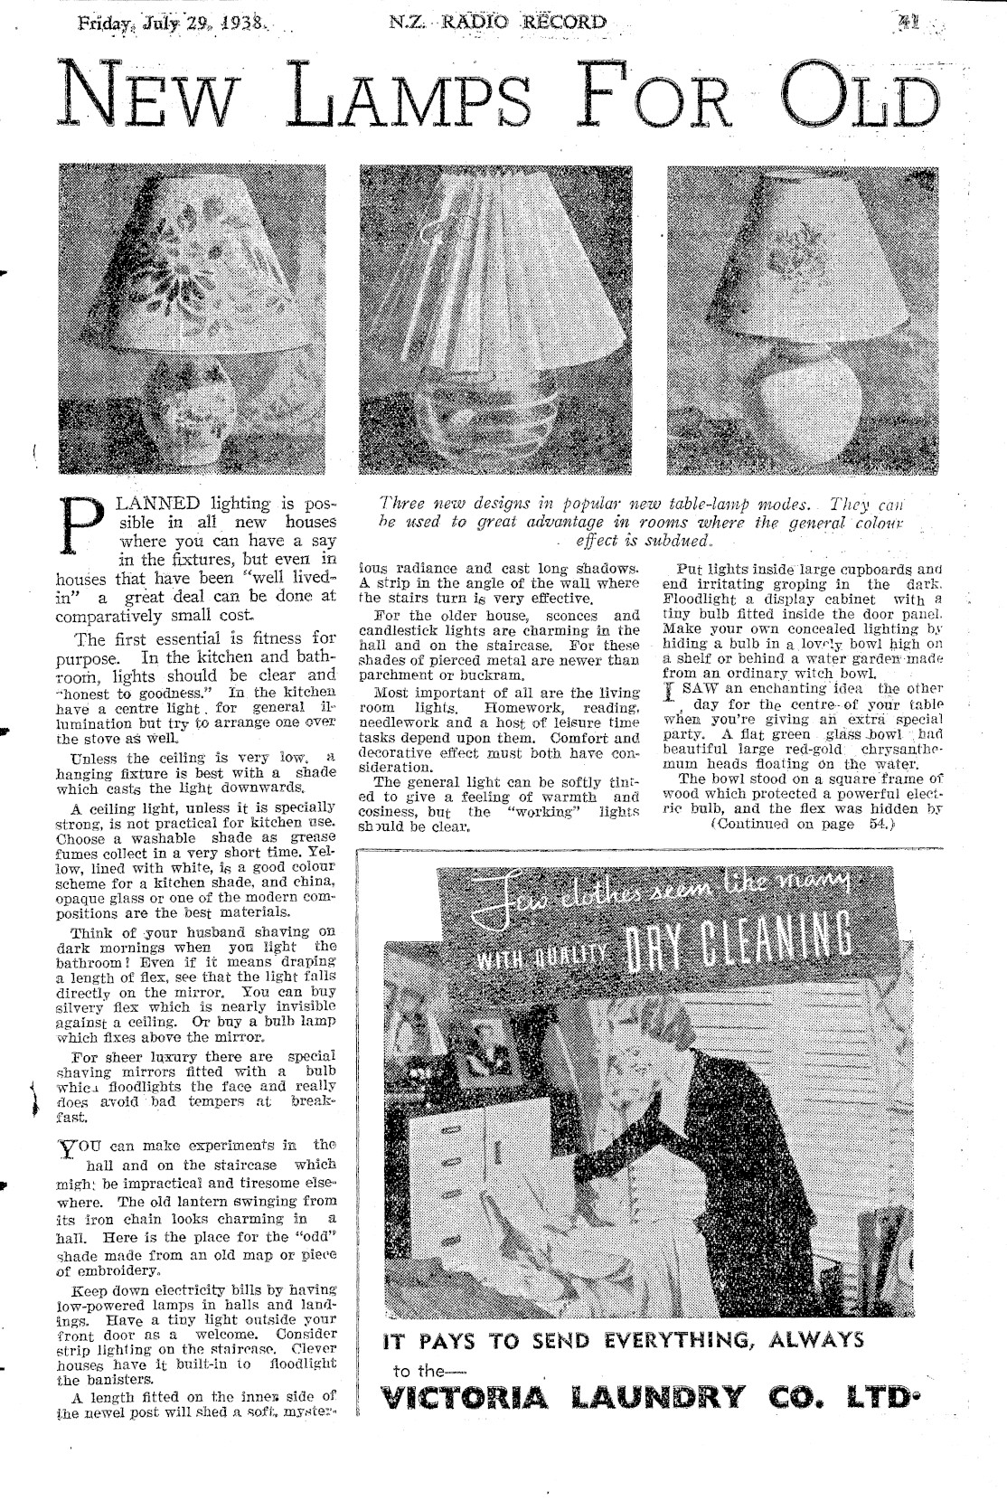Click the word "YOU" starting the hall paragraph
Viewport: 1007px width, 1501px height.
coord(73,1145)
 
